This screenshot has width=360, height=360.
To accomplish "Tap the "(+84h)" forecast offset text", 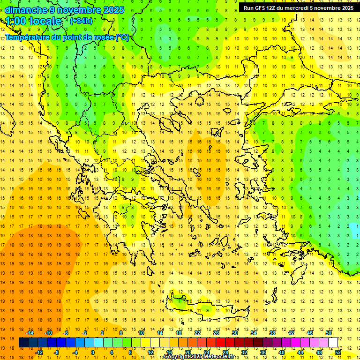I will [x=81, y=21].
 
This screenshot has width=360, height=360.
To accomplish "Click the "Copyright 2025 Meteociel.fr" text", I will [x=199, y=357].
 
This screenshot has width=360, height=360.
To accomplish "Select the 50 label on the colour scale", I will [x=328, y=333].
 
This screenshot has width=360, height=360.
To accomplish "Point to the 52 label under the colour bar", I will [x=338, y=352].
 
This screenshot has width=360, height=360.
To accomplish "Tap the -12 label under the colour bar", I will [x=39, y=352].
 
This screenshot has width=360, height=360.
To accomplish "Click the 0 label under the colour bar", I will [x=92, y=352].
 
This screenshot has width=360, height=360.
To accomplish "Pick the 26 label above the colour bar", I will [x=216, y=333].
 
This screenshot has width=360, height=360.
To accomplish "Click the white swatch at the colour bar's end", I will [x=333, y=343].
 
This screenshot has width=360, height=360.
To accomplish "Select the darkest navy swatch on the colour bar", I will [x=24, y=343].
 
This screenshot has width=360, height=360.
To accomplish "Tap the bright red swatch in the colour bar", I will [x=220, y=343].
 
